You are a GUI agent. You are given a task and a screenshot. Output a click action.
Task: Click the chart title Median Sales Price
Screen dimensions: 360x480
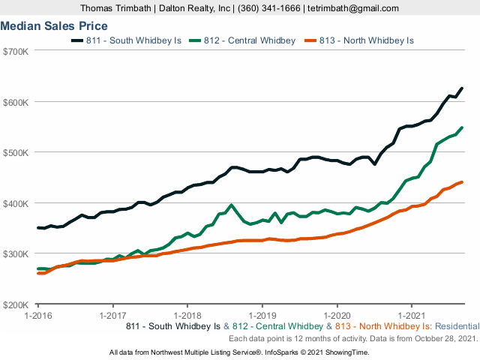pyautogui.click(x=54, y=25)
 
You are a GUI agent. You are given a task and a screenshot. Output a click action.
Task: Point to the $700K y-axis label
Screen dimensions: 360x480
pyautogui.click(x=16, y=51)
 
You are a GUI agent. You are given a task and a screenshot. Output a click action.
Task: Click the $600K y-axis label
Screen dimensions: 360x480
pyautogui.click(x=16, y=102)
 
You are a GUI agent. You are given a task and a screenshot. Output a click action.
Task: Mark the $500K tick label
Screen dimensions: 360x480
pyautogui.click(x=16, y=152)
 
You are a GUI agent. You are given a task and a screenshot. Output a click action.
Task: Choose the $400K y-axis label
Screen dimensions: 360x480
pyautogui.click(x=16, y=203)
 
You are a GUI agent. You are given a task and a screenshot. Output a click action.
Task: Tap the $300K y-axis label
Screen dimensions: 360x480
pyautogui.click(x=16, y=253)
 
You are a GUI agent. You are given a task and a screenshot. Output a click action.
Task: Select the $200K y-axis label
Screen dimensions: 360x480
pyautogui.click(x=16, y=304)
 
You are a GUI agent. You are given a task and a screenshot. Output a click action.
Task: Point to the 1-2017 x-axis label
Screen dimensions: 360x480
pyautogui.click(x=112, y=316)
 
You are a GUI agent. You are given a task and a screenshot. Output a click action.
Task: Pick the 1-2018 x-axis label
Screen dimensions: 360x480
pyautogui.click(x=187, y=316)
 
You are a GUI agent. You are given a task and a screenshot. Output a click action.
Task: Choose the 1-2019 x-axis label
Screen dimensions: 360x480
pyautogui.click(x=262, y=316)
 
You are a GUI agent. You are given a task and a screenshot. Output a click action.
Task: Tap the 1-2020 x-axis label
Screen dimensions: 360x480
pyautogui.click(x=337, y=316)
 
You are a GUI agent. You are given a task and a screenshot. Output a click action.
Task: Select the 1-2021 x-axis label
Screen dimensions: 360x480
pyautogui.click(x=411, y=316)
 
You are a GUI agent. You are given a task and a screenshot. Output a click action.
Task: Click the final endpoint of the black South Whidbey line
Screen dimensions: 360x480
pyautogui.click(x=461, y=88)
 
